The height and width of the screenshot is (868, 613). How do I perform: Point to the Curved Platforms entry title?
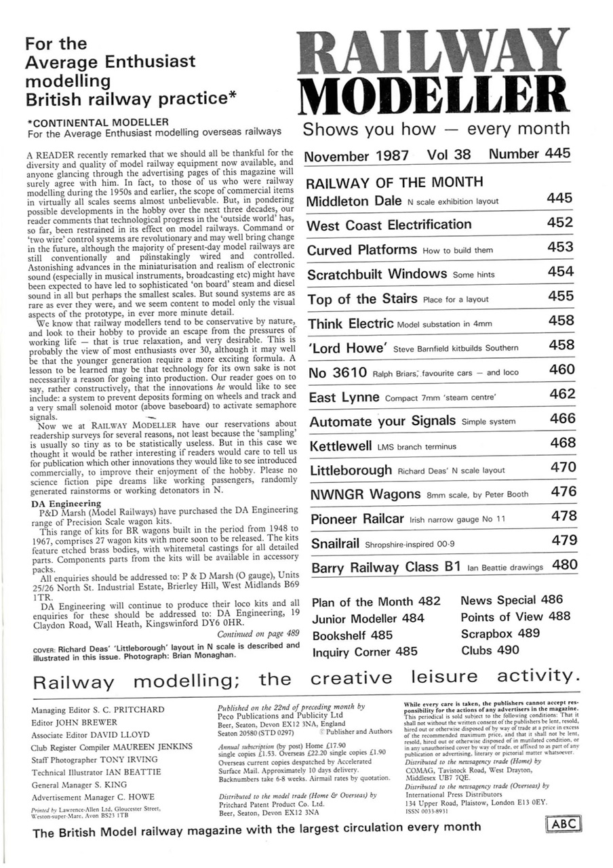(362, 250)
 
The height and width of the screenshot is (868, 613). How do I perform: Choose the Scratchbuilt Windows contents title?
(376, 275)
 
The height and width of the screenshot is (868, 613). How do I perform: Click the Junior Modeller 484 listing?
(368, 618)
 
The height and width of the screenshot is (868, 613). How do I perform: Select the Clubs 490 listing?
(490, 650)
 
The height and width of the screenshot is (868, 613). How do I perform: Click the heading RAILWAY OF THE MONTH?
(395, 182)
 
